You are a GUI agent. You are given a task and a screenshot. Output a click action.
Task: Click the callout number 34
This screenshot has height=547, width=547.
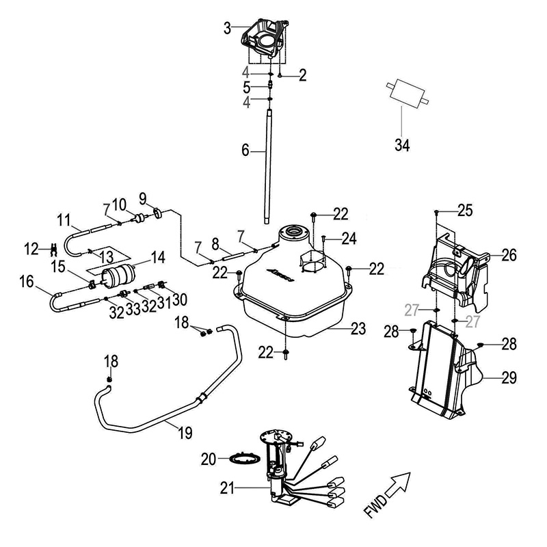coord(402,145)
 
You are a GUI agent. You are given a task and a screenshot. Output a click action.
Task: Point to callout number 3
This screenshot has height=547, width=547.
coord(228,28)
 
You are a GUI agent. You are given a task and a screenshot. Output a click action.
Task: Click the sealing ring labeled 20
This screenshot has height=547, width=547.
coord(241,457)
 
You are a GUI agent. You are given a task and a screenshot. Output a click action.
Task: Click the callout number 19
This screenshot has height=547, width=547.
coord(184,432)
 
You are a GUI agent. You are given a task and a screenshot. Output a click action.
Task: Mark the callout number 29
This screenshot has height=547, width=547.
coord(508,377)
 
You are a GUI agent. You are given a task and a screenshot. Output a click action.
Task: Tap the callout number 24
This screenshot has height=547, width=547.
coord(349,239)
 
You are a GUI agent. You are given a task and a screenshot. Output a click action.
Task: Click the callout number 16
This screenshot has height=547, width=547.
coord(26,281)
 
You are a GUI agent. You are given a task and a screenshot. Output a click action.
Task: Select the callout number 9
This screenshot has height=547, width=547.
coord(143,198)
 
